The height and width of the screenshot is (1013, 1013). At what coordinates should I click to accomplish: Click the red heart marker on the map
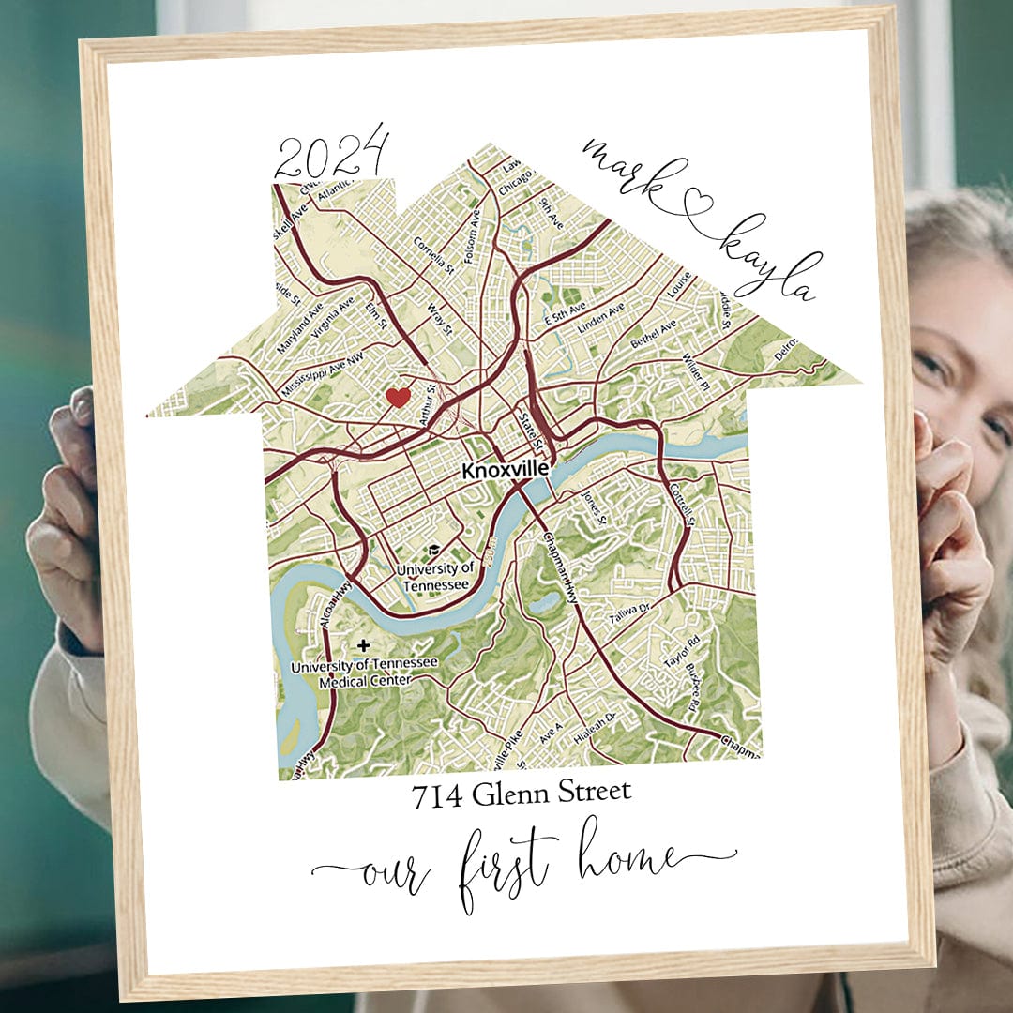point(399,397)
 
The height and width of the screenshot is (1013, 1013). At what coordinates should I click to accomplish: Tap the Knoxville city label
point(505,472)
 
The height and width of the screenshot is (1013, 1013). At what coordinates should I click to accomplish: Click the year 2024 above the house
point(331,155)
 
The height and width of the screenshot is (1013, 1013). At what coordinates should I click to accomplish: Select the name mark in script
point(629,174)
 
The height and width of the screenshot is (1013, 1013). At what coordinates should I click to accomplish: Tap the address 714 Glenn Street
point(522,794)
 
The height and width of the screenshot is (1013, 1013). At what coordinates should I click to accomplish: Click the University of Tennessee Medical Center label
point(364,673)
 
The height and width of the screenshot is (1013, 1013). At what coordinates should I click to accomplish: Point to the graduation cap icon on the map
point(434,551)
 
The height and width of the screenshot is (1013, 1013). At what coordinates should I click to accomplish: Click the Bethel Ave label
point(654,335)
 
